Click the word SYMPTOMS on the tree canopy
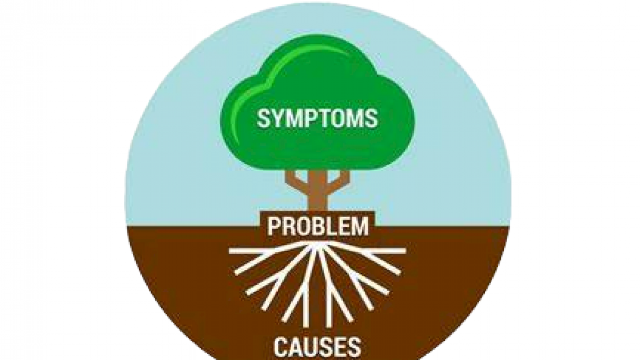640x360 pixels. click(x=317, y=118)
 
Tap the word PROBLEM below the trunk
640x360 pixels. click(x=318, y=227)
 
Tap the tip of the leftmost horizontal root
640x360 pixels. click(x=230, y=250)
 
